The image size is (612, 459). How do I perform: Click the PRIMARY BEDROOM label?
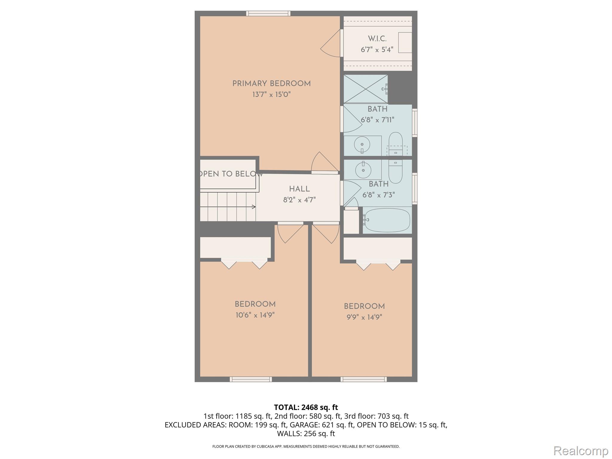coord(271,84)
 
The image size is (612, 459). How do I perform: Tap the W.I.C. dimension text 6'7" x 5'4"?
coord(377,50)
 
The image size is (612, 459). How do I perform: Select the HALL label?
coord(299,189)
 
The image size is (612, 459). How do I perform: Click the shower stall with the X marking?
coord(365,89)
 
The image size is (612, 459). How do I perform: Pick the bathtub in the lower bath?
coord(387,220)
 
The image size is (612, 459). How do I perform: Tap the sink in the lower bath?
coord(363,170)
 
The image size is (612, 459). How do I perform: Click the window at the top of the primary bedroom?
coord(268,13)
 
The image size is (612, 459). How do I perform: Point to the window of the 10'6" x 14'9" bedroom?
coord(251,379)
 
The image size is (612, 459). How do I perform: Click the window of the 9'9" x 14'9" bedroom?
coord(363,379)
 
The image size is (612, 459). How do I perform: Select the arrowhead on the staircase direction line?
coord(254,207)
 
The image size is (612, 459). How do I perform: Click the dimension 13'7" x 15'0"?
coord(271,95)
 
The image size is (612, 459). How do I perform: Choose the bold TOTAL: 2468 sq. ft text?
coord(306,407)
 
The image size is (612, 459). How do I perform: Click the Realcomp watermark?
coord(581,450)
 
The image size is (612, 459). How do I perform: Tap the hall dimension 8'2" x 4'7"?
coord(299,200)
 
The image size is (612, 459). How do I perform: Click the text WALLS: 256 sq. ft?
coord(306,433)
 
